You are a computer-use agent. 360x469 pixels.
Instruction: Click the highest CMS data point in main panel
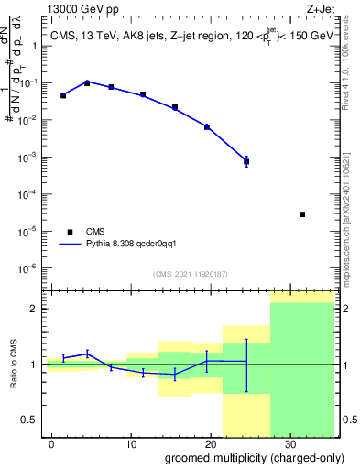(87, 82)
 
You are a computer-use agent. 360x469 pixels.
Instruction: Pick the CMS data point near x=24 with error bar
(246, 161)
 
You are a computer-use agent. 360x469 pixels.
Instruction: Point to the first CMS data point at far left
(63, 95)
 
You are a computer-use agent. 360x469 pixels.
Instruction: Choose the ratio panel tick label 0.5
(33, 420)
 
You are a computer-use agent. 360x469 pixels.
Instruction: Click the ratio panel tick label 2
(38, 309)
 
